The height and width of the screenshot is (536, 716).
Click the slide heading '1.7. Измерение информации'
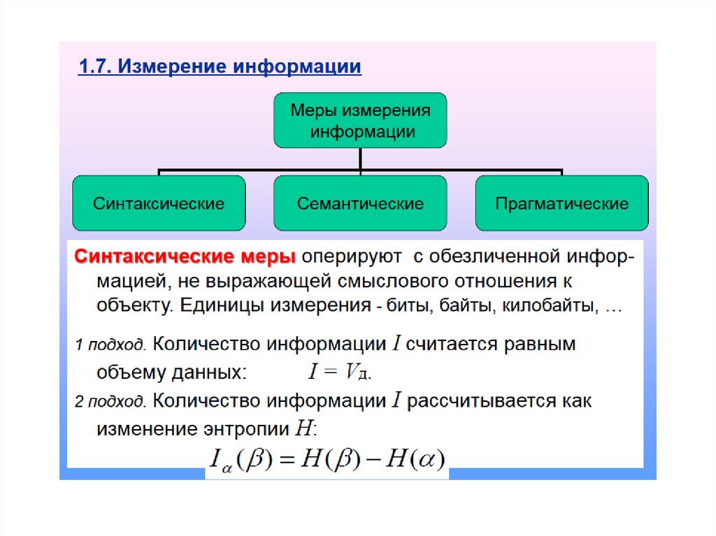[220, 66]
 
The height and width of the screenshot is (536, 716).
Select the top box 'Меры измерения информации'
[360, 120]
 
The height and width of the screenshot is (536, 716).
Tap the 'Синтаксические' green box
[159, 203]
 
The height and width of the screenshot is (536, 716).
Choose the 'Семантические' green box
[360, 203]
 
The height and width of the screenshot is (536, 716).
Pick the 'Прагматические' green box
[562, 203]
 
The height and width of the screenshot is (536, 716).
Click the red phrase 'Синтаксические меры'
[185, 256]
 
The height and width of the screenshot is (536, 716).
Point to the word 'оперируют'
[352, 257]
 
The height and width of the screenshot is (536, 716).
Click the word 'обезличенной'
[496, 256]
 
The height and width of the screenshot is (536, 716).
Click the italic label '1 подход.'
[110, 345]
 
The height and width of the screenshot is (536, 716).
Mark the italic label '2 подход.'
[110, 402]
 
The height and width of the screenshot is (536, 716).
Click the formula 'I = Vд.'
[340, 371]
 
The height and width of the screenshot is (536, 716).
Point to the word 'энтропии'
[247, 430]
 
